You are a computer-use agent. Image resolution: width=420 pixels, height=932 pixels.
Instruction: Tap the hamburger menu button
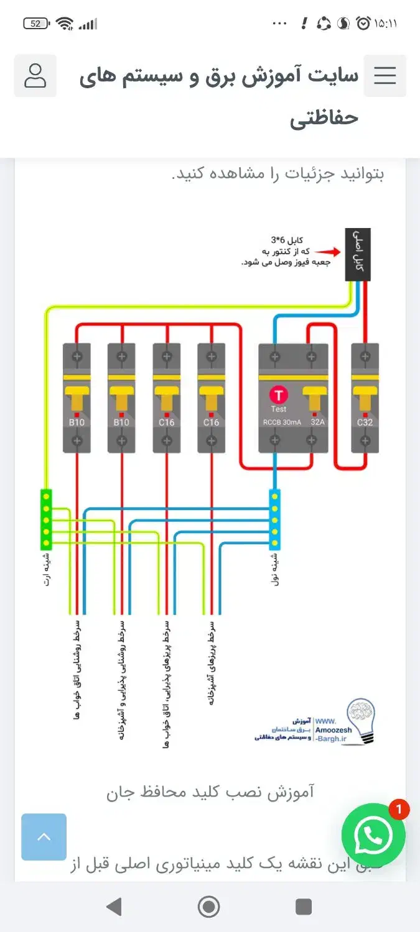point(385,76)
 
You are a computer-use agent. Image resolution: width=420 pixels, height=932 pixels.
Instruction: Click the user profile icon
point(35,76)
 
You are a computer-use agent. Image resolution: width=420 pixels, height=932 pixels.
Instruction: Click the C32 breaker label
point(365,423)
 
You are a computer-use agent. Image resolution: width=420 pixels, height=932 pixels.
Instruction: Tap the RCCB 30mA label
point(278,423)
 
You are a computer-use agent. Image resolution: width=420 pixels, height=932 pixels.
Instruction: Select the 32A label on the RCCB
point(318,423)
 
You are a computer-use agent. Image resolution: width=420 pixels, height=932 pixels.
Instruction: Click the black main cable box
point(358,255)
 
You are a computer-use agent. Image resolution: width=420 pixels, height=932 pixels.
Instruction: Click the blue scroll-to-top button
point(44,837)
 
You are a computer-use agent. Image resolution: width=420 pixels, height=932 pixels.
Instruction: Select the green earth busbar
point(46,520)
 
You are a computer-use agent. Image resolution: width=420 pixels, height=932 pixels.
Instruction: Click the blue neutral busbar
point(274,520)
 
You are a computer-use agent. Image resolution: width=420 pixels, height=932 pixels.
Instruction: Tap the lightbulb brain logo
point(361,721)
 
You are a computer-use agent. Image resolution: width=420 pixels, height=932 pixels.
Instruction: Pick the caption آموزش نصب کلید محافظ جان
point(210,792)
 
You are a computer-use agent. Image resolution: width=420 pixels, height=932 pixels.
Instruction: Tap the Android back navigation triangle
point(114,907)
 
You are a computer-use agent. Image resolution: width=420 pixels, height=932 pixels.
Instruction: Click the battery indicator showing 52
point(36,24)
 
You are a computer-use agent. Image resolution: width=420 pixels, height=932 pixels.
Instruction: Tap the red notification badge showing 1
point(399,810)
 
